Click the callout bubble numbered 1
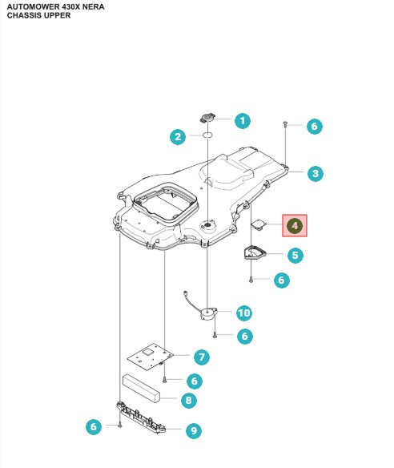241,121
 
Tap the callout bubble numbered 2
179,137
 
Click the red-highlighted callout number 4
295,226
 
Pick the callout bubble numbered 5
295,256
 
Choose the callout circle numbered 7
201,356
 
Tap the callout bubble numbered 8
188,399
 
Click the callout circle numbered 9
193,430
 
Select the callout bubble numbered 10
243,312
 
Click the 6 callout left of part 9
94,427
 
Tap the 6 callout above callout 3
314,126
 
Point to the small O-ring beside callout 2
207,136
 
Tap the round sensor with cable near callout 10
211,311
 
